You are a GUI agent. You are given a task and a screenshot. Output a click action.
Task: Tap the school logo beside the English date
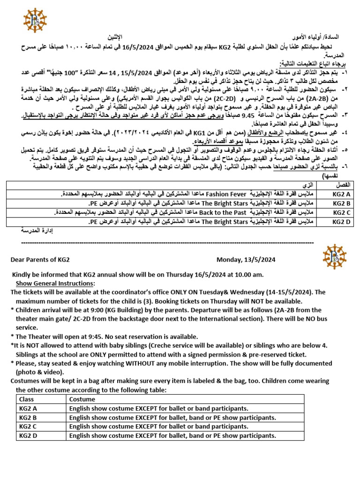[x=336, y=256]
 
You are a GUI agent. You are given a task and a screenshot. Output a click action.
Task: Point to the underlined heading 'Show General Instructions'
[x=55, y=284]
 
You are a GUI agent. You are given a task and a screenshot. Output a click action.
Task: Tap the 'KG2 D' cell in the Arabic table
[x=342, y=221]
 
